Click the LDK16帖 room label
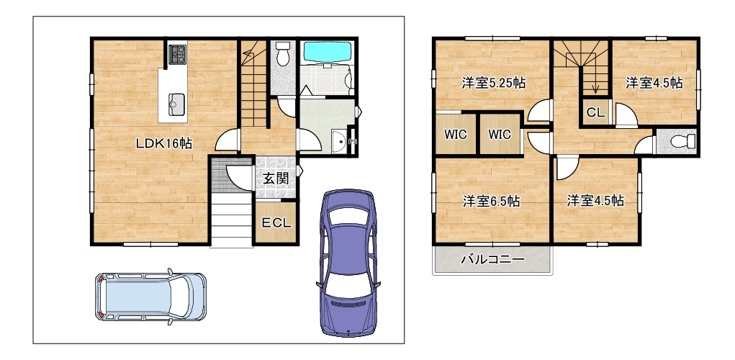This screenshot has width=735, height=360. point(164,144)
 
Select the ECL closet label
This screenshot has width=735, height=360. point(276,223)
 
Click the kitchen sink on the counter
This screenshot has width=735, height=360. point(176,102)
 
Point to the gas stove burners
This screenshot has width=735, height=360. point(178,55)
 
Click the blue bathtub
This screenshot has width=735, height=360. point(328,52)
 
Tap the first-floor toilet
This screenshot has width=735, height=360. point(282,53)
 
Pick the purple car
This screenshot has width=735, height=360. point(348,263)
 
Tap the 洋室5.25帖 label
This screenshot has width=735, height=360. point(493,84)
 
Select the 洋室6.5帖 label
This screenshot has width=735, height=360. point(491,202)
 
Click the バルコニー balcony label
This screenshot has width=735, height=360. point(492,258)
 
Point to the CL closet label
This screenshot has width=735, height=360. point(596,113)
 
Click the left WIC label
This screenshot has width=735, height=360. point(455,135)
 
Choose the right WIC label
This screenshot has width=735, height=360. point(499,135)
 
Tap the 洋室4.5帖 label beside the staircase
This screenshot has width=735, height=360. point(654,84)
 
